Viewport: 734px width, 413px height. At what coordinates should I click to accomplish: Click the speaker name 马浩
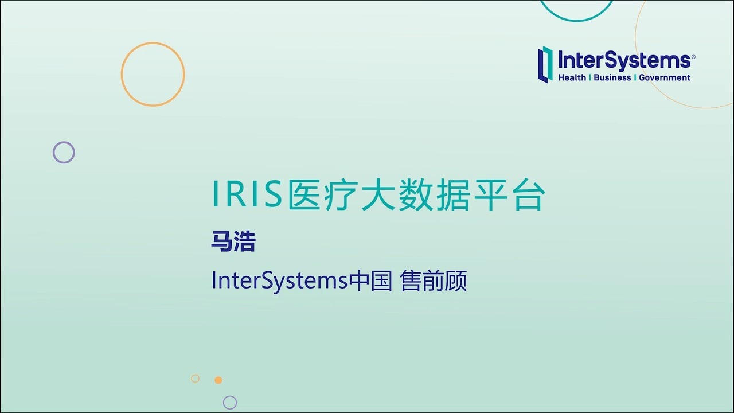tap(233, 242)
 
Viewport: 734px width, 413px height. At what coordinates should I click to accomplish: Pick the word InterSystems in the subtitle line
tap(280, 281)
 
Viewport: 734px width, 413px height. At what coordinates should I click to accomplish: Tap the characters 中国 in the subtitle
tap(370, 281)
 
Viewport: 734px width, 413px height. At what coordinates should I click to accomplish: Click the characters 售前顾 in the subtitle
tap(434, 281)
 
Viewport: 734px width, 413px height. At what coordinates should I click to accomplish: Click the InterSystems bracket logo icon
tap(545, 64)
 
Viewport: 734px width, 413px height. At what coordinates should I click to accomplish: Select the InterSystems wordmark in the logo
tap(624, 60)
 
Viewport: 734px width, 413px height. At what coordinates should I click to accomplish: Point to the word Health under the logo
tap(572, 77)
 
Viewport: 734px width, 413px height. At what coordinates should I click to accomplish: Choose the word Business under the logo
tap(612, 77)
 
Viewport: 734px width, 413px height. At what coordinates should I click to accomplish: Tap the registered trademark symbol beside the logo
tap(693, 57)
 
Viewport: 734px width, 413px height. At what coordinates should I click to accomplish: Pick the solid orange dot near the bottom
tap(218, 380)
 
